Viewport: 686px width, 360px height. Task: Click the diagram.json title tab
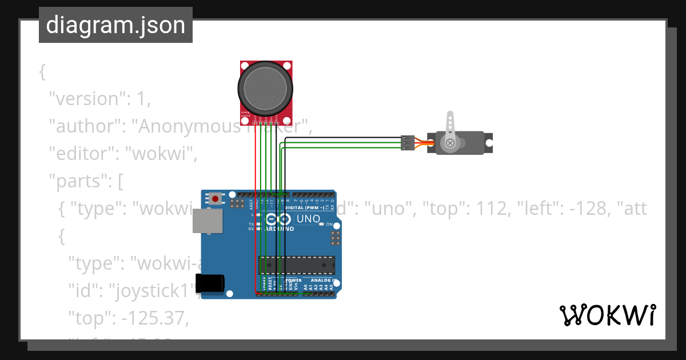[115, 25]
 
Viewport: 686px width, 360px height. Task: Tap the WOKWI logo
[607, 315]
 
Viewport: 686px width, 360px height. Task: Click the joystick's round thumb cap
[266, 89]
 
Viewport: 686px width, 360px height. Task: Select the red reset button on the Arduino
[215, 199]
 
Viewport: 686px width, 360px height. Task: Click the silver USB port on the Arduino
[208, 221]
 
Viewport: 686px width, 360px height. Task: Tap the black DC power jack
[210, 283]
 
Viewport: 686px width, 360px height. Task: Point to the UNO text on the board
[308, 219]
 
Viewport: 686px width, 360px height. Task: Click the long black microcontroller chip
[297, 265]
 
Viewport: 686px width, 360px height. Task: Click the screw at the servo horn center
[450, 142]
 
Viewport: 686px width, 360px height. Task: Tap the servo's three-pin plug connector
[408, 143]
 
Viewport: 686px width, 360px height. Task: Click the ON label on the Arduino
[329, 225]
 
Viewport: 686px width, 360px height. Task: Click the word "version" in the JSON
[85, 99]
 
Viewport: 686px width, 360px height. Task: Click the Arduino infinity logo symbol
[278, 219]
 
